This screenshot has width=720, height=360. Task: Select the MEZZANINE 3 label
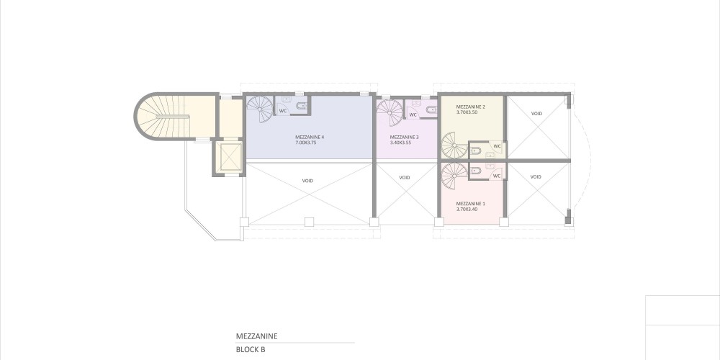point(404,137)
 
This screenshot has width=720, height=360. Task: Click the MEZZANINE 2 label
point(471,107)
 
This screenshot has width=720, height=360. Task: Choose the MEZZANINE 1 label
point(470,204)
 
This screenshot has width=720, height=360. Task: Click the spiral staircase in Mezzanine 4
point(260,109)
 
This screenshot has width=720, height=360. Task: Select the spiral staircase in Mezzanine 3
point(390,113)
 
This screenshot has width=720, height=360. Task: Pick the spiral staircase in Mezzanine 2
point(454,145)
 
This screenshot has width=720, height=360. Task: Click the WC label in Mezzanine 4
point(283,111)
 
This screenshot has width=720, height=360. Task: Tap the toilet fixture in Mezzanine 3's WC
point(431,109)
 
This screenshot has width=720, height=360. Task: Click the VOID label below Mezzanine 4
point(307,181)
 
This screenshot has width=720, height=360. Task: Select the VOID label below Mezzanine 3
point(404,178)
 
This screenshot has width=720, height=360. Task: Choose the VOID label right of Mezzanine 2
point(536,114)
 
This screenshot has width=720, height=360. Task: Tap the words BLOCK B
point(251,349)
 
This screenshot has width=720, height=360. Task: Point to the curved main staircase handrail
point(172,117)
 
